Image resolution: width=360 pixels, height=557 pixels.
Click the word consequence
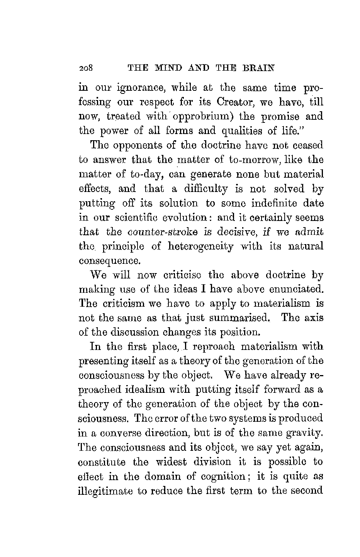[x=109, y=261]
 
